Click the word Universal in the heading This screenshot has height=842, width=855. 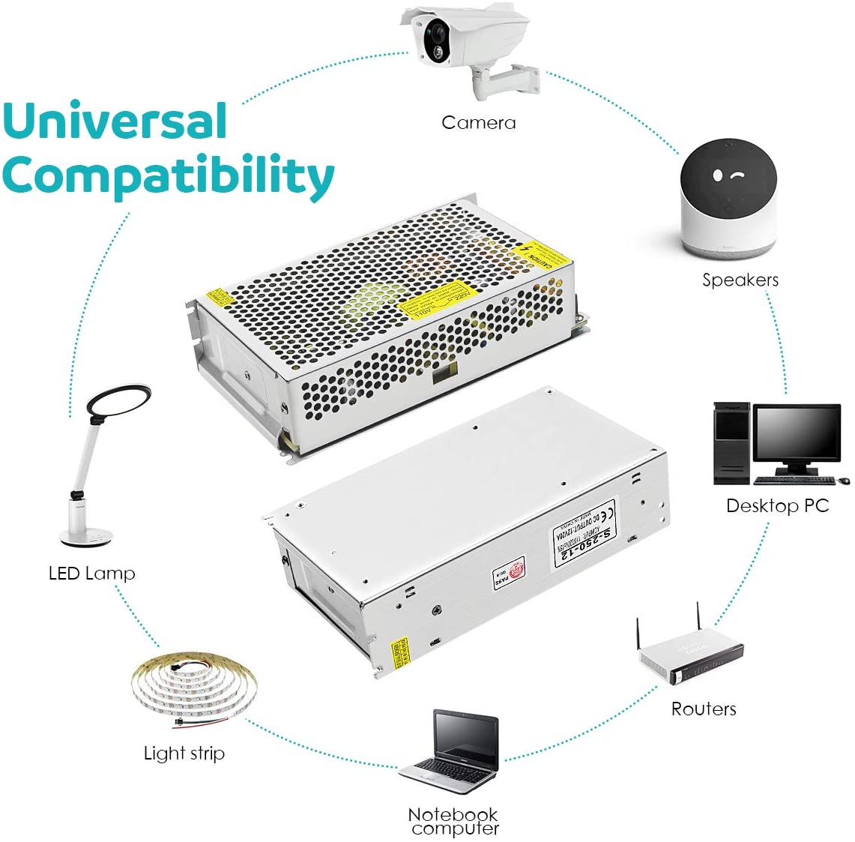click(115, 121)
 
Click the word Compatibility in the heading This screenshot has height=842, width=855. click(167, 177)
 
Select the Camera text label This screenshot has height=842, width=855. click(478, 123)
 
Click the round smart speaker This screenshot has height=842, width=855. click(728, 197)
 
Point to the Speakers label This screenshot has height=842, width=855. click(740, 280)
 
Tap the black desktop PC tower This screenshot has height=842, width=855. click(731, 443)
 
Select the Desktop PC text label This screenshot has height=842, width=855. click(777, 506)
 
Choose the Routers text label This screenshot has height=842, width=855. click(703, 709)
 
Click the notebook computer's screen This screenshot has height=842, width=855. click(466, 739)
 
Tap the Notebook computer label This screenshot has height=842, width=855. click(454, 821)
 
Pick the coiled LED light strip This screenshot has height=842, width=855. click(193, 686)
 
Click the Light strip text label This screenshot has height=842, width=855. click(184, 754)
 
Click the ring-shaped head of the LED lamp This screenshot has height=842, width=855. click(119, 401)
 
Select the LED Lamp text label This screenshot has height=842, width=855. click(91, 574)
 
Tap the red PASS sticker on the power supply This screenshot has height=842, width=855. click(509, 574)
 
